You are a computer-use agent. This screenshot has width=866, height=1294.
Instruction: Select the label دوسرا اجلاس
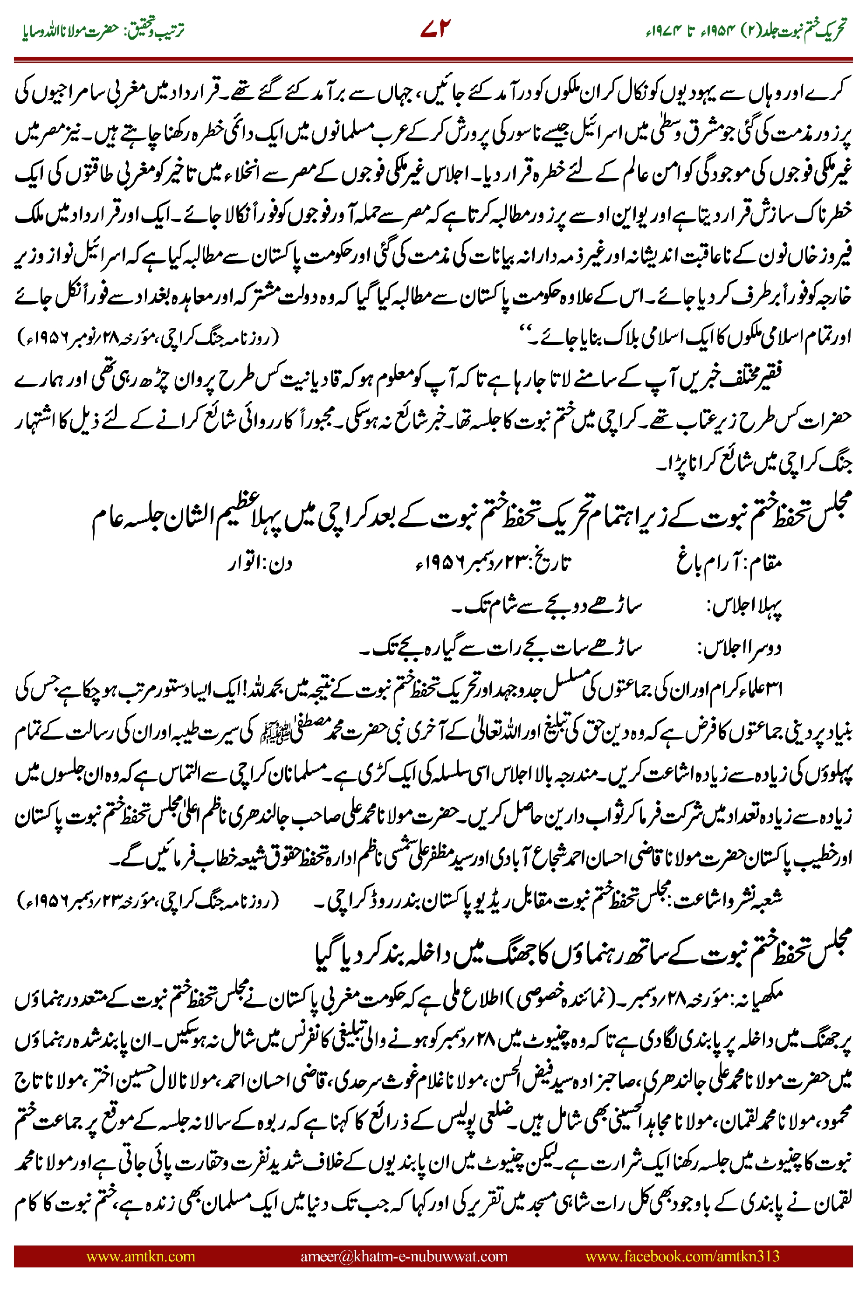[x=740, y=648]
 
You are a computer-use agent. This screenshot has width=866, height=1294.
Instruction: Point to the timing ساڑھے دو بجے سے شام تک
[x=546, y=607]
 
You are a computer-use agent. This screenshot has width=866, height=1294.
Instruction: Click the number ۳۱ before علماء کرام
[x=775, y=688]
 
